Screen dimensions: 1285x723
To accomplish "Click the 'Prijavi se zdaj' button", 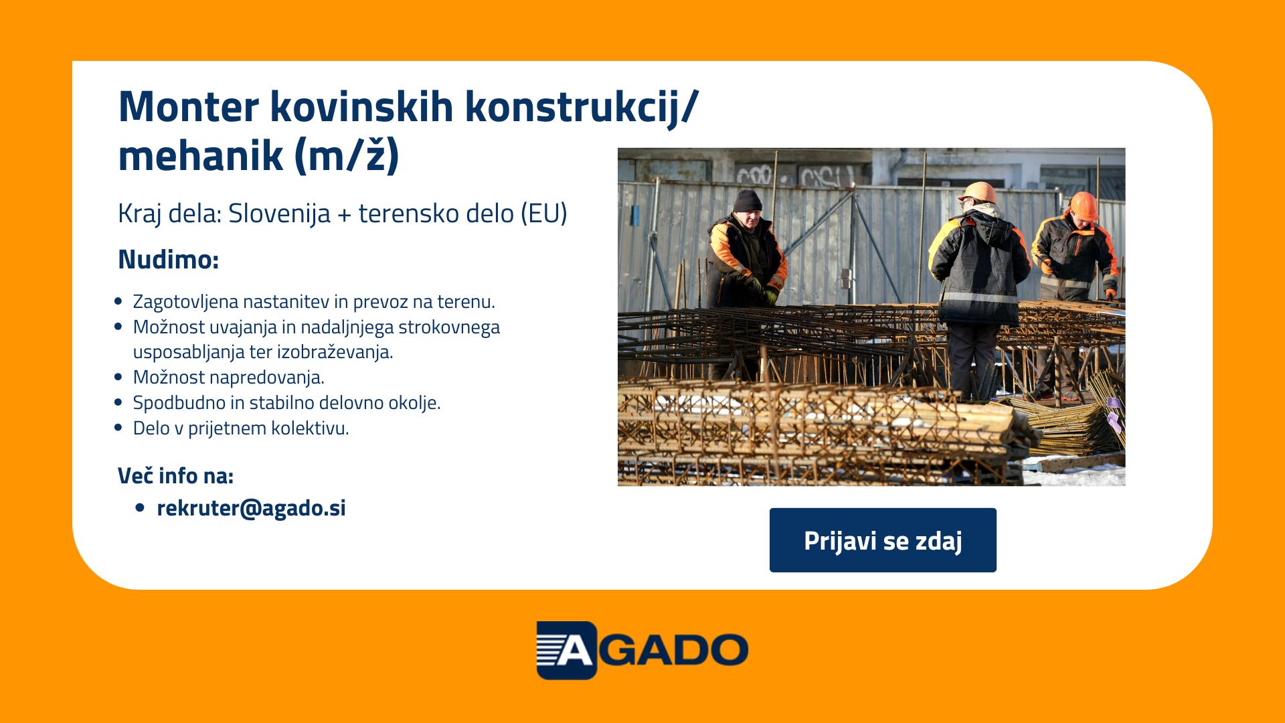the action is (x=883, y=540).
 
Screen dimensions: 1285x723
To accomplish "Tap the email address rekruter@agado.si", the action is (x=251, y=508).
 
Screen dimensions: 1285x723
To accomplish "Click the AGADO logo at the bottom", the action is (x=642, y=650).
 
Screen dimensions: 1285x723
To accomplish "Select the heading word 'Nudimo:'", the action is (x=169, y=260).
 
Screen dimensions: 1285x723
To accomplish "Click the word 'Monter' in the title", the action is (x=189, y=107).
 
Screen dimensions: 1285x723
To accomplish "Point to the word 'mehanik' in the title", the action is (x=200, y=156).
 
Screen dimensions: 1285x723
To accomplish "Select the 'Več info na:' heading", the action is (x=175, y=476).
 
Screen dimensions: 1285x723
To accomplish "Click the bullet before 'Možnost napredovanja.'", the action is (x=118, y=378).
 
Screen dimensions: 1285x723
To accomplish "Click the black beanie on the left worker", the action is (x=747, y=201).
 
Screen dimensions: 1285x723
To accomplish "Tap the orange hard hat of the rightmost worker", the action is (x=1084, y=205).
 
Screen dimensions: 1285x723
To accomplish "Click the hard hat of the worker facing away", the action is (x=978, y=192).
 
